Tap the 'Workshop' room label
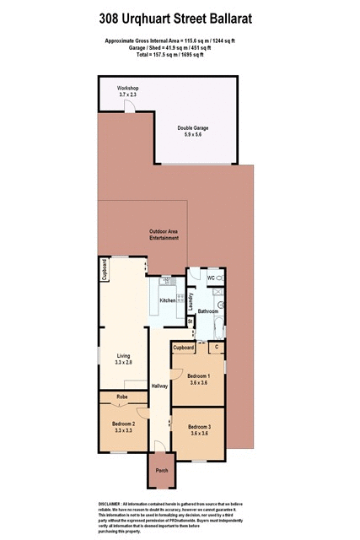point(127,88)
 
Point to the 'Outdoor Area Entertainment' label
point(165,235)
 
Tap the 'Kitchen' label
point(167,300)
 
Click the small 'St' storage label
point(191,321)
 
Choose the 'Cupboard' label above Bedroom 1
point(184,347)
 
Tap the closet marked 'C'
point(217,347)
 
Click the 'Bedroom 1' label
point(199,378)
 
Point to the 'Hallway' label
point(159,386)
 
